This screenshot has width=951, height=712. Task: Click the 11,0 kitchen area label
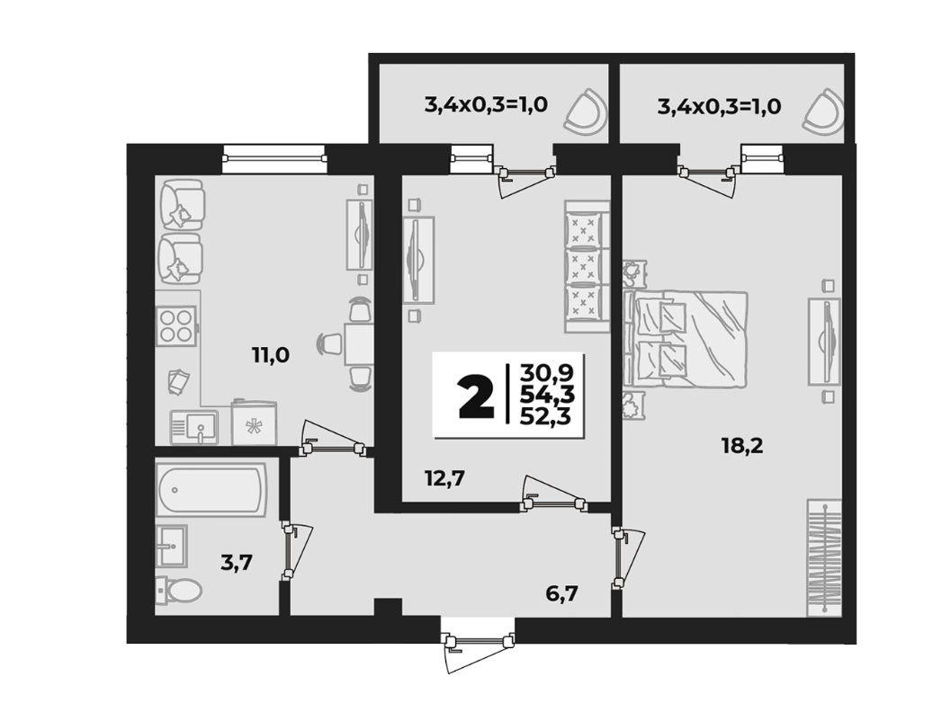(x=271, y=355)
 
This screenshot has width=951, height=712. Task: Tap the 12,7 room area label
(x=444, y=478)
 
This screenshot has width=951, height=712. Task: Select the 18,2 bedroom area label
(x=742, y=446)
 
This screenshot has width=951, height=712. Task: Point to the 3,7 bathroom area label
(x=236, y=564)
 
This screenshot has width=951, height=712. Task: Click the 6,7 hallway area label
(x=561, y=593)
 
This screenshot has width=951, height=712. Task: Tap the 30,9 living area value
(x=545, y=371)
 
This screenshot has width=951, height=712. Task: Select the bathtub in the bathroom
(x=211, y=490)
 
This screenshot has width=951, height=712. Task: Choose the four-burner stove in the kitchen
(x=175, y=326)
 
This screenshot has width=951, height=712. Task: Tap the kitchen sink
(x=194, y=427)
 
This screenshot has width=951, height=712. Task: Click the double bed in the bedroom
(x=686, y=339)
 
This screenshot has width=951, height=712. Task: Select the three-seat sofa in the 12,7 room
(x=587, y=267)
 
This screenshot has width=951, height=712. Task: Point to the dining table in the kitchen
(x=357, y=344)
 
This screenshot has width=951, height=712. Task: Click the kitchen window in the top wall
(x=274, y=158)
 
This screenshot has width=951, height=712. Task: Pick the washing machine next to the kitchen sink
(x=255, y=422)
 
